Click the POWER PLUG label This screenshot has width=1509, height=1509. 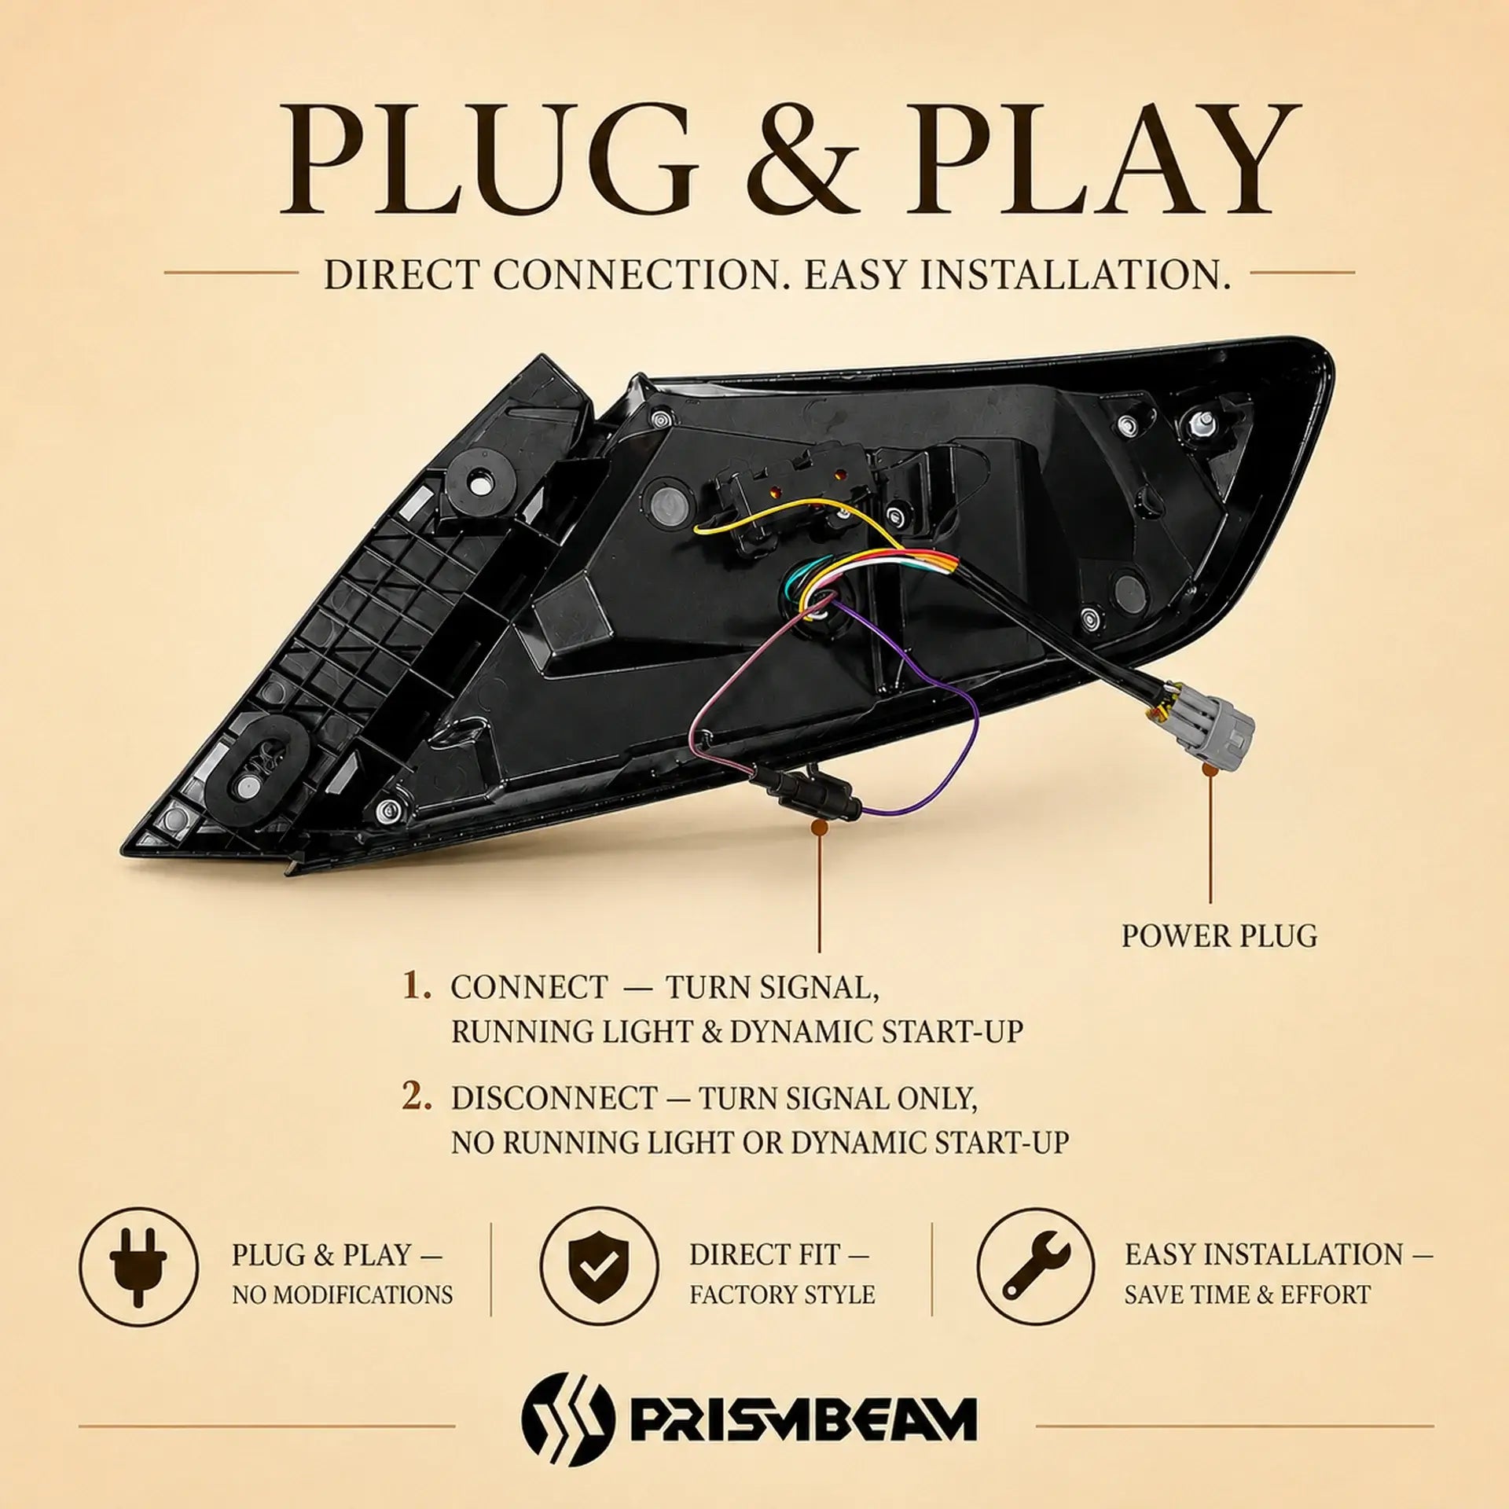tap(1219, 935)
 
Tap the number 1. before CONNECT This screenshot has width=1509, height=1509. tap(417, 987)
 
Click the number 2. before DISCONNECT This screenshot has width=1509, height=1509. tap(417, 1098)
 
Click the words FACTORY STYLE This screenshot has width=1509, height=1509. tap(782, 1294)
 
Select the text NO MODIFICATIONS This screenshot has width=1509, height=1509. tap(342, 1294)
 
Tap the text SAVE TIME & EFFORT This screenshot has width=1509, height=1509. tap(1246, 1294)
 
